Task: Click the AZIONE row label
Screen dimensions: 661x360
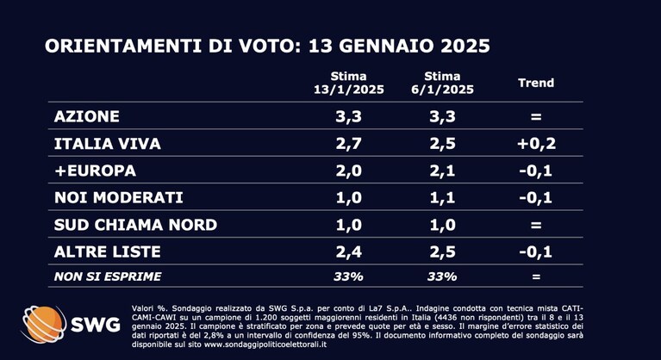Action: coord(87,116)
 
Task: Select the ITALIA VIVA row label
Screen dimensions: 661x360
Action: coord(108,144)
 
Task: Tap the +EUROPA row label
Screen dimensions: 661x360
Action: coord(96,171)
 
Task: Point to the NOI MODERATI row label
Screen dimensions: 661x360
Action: coord(119,197)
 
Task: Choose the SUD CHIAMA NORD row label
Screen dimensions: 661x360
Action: coord(136,225)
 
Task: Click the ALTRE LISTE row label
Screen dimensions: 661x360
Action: coord(108,251)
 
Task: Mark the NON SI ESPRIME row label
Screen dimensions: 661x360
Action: coord(108,276)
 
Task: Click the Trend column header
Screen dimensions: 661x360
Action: coord(536,83)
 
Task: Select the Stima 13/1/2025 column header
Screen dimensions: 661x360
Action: coord(349,83)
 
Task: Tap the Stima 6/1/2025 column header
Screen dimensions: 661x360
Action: coord(442,83)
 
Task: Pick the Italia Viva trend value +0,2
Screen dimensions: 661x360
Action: coord(536,144)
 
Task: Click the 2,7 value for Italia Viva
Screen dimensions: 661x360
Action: coord(349,144)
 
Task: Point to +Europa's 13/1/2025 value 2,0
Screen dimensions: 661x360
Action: coord(349,171)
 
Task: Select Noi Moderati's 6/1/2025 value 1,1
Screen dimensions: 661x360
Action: coord(442,197)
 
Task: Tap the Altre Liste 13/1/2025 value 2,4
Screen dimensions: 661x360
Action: coord(349,251)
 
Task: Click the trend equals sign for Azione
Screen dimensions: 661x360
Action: coord(536,116)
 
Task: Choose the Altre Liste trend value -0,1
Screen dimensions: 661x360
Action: coord(536,251)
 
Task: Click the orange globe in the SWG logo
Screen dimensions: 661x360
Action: coord(43,324)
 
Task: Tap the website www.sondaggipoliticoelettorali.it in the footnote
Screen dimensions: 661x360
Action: coord(265,344)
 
